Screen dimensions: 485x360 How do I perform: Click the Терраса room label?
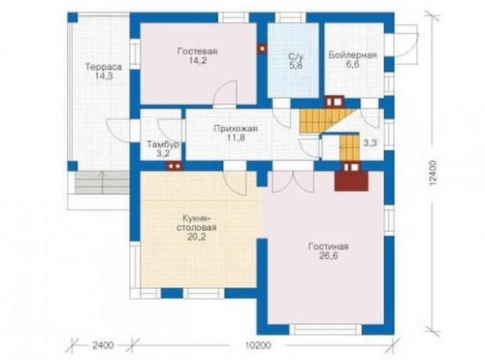tap(103, 67)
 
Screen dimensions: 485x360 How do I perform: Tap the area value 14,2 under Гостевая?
tap(198, 60)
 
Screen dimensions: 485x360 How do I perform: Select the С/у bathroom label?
tap(293, 56)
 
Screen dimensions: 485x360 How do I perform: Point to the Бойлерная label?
tap(353, 55)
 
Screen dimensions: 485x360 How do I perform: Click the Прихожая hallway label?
tap(235, 128)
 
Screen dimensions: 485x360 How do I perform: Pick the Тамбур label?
tap(163, 145)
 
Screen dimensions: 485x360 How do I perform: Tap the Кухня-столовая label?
tap(196, 222)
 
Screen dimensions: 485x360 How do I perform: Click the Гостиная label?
tap(329, 247)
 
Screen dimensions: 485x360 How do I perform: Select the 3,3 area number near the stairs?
tap(370, 142)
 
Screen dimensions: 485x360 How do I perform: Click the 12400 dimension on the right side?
tap(433, 173)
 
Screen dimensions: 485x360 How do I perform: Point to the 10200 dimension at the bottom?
tap(258, 345)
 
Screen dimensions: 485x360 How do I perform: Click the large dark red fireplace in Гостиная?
tap(351, 181)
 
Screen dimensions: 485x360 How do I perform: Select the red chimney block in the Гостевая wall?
tap(262, 49)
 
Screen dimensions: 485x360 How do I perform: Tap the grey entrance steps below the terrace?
tap(102, 183)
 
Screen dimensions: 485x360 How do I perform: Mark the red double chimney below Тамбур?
tap(174, 166)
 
